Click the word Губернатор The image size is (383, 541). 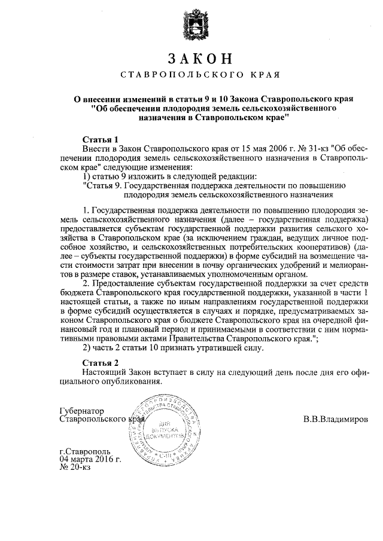(x=82, y=411)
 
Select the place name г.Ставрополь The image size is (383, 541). (x=84, y=451)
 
